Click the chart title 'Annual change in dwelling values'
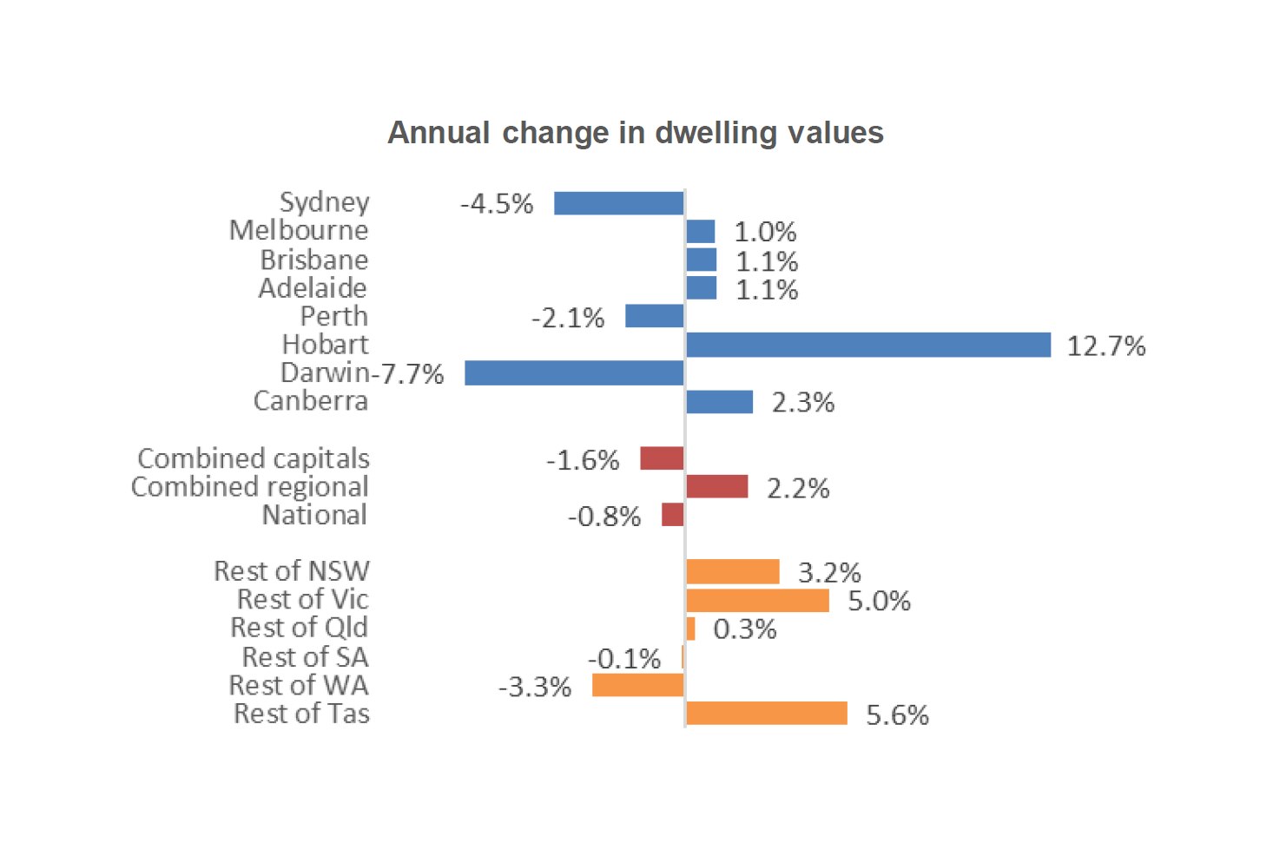pyautogui.click(x=636, y=133)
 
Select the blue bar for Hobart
pyautogui.click(x=867, y=345)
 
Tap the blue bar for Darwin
pyautogui.click(x=574, y=373)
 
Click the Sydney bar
pyautogui.click(x=618, y=203)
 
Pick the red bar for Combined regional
pyautogui.click(x=716, y=486)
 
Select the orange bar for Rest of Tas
pyautogui.click(x=766, y=714)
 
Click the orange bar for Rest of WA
pyautogui.click(x=637, y=685)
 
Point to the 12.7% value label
pyautogui.click(x=1105, y=346)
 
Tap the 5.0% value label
pyautogui.click(x=879, y=601)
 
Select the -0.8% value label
pyautogui.click(x=604, y=517)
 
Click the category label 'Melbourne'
pyautogui.click(x=299, y=231)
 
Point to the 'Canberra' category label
pyautogui.click(x=311, y=401)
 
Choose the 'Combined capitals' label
pyautogui.click(x=254, y=458)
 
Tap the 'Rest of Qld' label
pyautogui.click(x=300, y=628)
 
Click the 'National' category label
pyautogui.click(x=315, y=515)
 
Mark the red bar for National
pyautogui.click(x=672, y=515)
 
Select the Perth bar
pyautogui.click(x=654, y=316)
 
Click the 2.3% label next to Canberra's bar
pyautogui.click(x=802, y=403)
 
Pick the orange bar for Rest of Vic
pyautogui.click(x=757, y=600)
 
